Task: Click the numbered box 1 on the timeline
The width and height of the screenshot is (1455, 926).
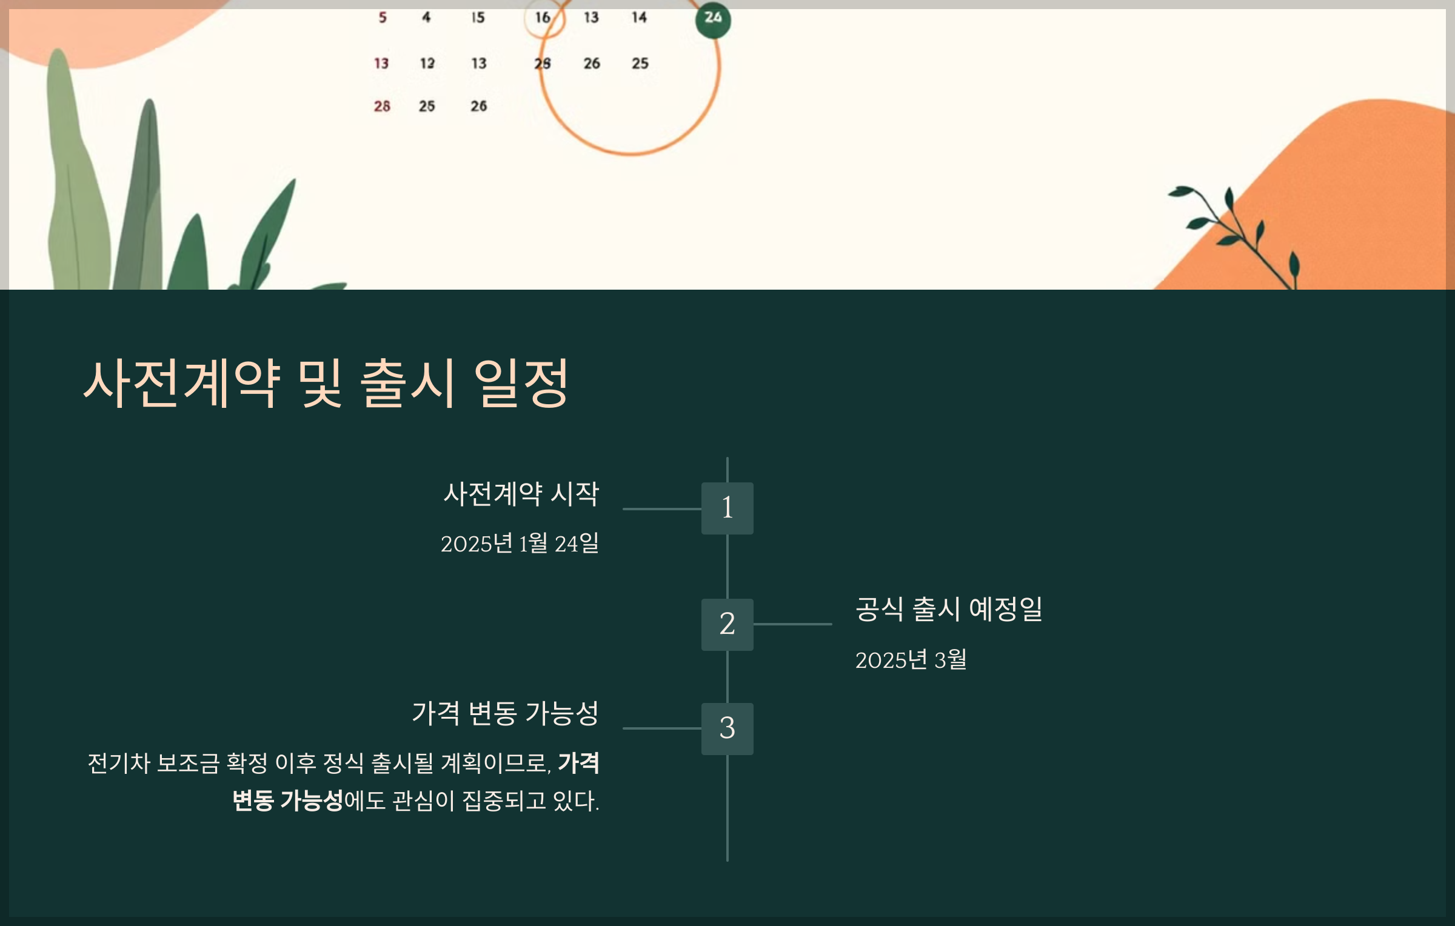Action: (x=727, y=508)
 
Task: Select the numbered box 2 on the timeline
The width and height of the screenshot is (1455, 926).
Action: (x=727, y=624)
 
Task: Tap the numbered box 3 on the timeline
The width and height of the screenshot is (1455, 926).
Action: (x=727, y=728)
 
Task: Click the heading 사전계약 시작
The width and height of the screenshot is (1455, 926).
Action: (x=521, y=493)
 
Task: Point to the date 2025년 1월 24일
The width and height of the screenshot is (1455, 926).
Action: (x=520, y=543)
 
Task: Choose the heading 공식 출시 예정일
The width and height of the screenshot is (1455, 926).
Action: (x=948, y=609)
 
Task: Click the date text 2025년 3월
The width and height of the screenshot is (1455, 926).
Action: (x=911, y=659)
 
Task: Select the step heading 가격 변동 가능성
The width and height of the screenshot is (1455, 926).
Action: (x=505, y=713)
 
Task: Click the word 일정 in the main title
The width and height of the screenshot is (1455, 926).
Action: (x=521, y=383)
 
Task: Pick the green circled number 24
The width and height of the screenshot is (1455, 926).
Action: (x=713, y=19)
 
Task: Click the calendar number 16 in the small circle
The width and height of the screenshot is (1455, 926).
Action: (x=543, y=18)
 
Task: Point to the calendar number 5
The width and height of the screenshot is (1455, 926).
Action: (x=383, y=18)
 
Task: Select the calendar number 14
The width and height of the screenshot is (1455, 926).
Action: (x=639, y=18)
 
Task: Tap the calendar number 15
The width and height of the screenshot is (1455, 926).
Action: (x=478, y=18)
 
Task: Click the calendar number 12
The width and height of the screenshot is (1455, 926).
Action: (x=427, y=63)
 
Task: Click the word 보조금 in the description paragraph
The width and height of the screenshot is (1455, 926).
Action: (x=188, y=763)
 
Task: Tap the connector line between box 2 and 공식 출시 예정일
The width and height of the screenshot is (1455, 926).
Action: (x=792, y=624)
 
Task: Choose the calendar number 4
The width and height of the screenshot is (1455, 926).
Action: (x=426, y=18)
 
